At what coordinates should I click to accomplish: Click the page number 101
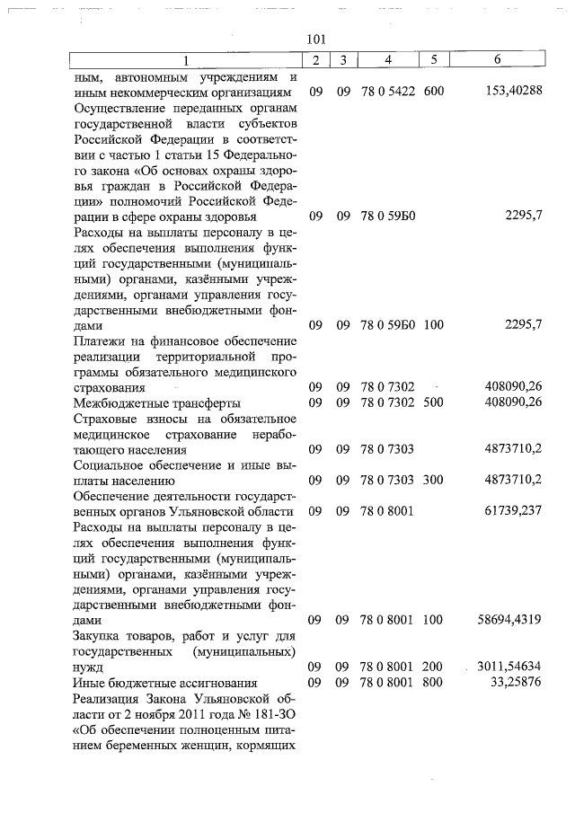coord(315,39)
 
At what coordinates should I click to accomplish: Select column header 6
coord(497,60)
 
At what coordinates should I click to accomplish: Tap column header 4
coord(387,60)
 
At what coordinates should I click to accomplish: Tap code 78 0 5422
coord(387,93)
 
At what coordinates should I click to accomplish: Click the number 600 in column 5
coord(433,93)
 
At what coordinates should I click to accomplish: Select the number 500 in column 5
coord(433,402)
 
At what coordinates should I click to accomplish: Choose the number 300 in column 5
coord(433,480)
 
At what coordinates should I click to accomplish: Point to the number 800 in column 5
coord(433,684)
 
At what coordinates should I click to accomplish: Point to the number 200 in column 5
coord(433,668)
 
